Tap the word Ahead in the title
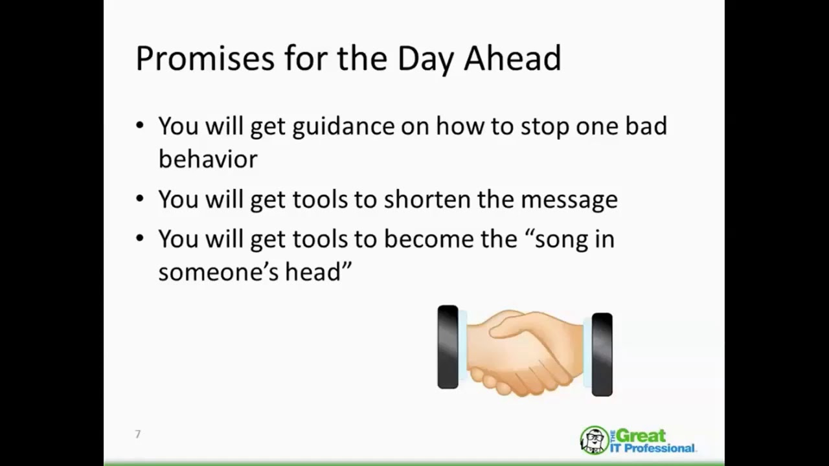coord(512,59)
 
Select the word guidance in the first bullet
coord(343,127)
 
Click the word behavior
coord(207,159)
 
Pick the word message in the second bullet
coord(569,200)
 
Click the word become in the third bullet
coord(426,239)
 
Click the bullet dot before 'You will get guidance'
coord(140,125)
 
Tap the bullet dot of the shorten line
coord(140,199)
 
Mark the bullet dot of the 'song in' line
coord(140,238)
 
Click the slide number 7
coord(137,434)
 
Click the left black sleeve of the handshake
coord(448,348)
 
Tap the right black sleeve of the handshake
coord(602,354)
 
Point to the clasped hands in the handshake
coord(525,353)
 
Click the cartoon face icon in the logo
coord(593,440)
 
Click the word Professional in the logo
coord(659,448)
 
